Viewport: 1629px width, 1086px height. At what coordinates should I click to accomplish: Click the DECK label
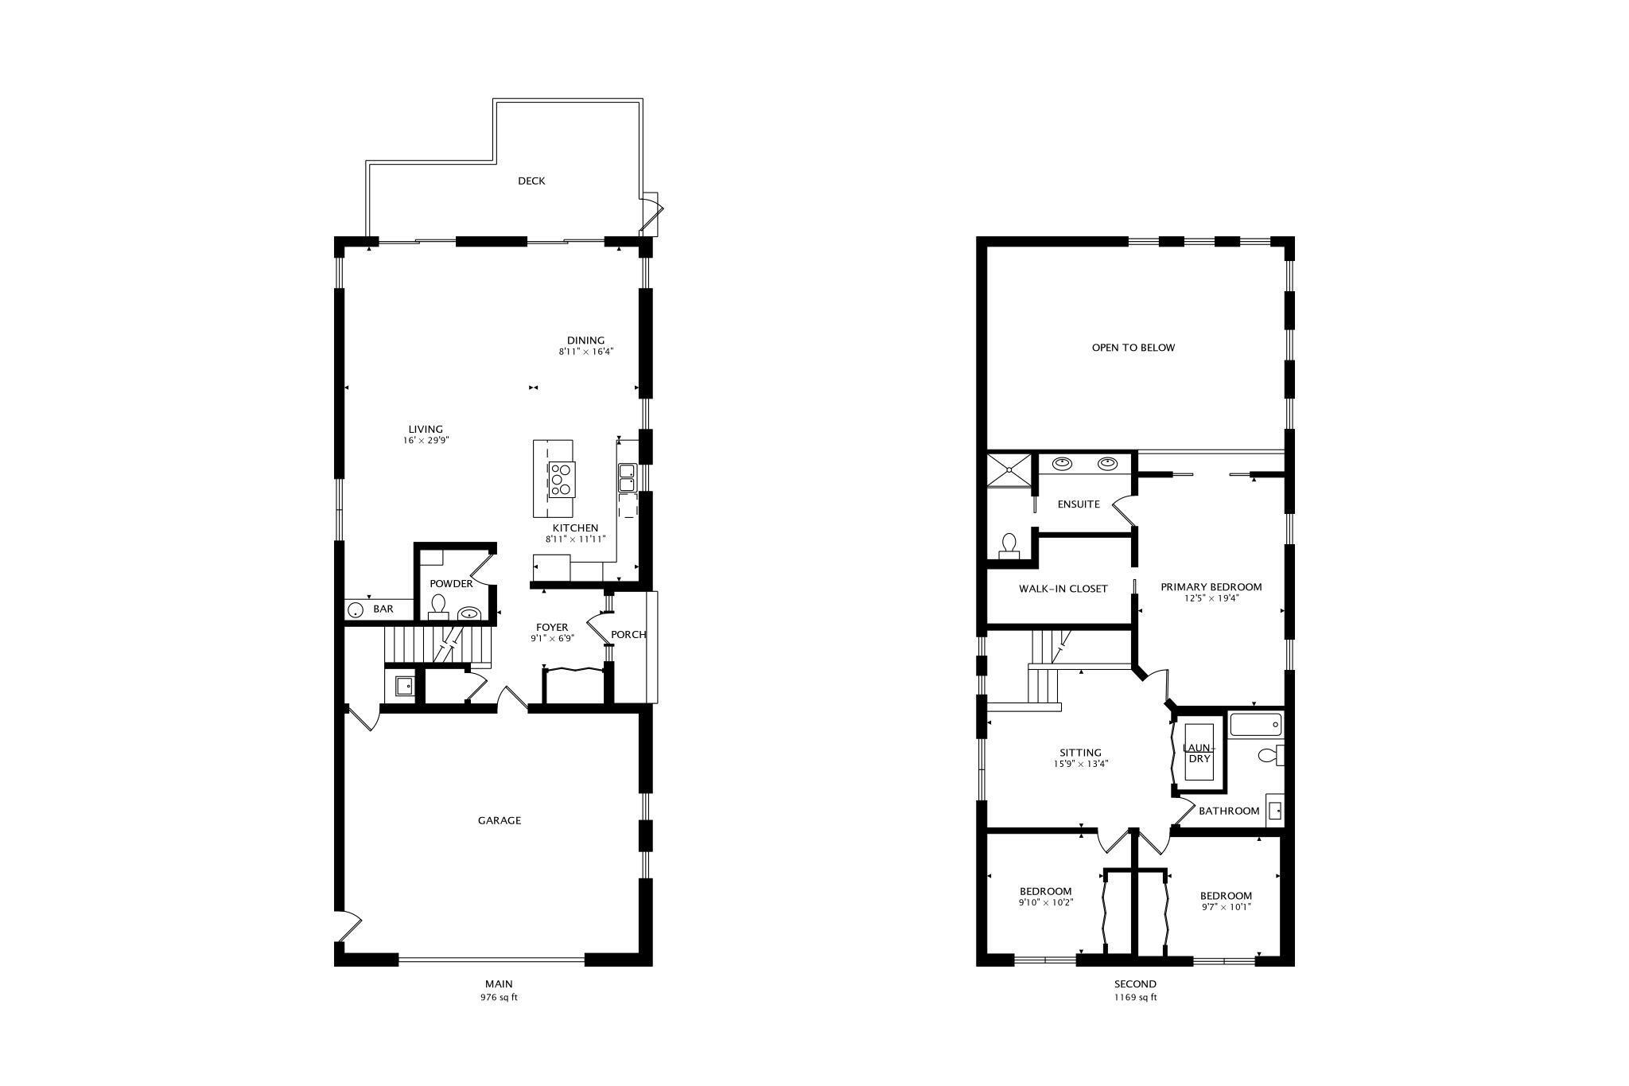(x=531, y=181)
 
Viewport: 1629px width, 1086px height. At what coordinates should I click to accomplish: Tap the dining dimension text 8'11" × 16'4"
(x=586, y=351)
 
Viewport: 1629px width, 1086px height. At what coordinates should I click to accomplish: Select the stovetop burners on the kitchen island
(x=560, y=480)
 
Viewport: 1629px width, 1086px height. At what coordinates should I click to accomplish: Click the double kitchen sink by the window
(x=627, y=478)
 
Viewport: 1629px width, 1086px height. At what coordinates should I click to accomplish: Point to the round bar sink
(x=355, y=610)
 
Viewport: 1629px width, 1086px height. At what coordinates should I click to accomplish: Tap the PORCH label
(x=628, y=634)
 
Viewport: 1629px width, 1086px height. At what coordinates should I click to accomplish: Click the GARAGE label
(x=500, y=820)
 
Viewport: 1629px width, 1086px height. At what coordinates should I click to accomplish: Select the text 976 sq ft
(x=499, y=997)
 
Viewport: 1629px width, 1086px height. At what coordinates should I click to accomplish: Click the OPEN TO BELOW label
(x=1133, y=348)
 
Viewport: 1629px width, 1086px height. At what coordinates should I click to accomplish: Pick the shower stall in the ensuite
(x=1009, y=469)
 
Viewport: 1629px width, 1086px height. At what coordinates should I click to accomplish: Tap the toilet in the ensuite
(x=1009, y=545)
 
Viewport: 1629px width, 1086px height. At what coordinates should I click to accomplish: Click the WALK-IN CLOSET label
(x=1063, y=589)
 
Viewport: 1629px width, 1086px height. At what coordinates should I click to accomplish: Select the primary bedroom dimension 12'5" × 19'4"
(x=1211, y=598)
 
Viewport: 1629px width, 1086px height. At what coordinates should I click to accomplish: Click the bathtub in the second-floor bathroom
(x=1255, y=725)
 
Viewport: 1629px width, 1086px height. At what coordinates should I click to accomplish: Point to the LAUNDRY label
(x=1199, y=753)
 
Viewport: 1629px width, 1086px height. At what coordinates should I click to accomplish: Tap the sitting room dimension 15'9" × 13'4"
(x=1080, y=764)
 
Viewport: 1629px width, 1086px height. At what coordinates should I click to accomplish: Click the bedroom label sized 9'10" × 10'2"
(x=1045, y=892)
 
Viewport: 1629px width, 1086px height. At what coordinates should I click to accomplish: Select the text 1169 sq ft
(x=1135, y=997)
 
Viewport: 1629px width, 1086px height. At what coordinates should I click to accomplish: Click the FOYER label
(x=552, y=627)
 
